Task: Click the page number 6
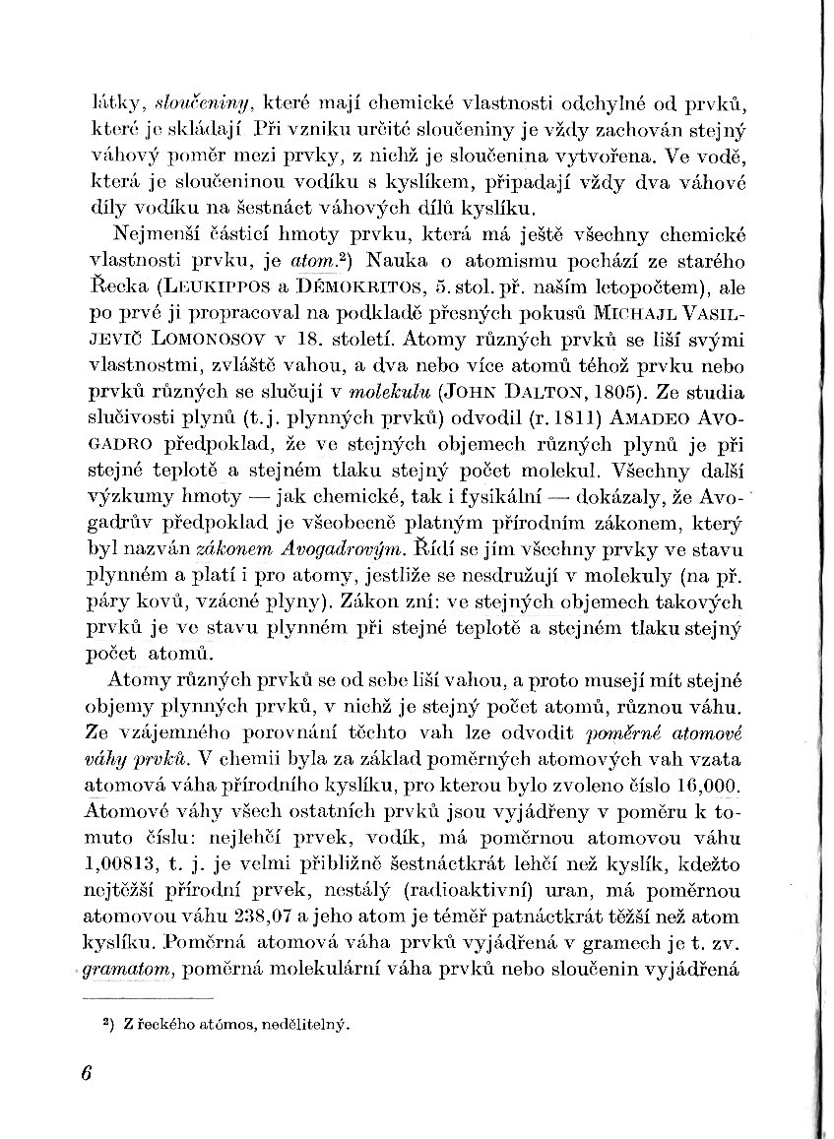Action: click(x=88, y=1073)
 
